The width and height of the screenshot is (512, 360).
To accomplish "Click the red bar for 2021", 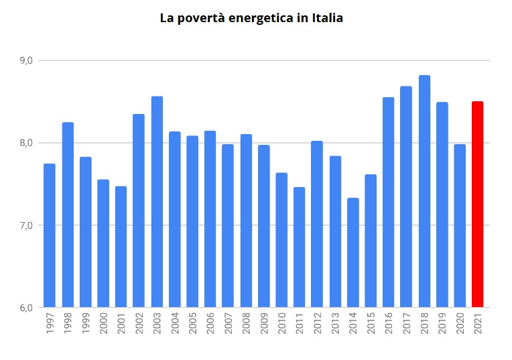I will pyautogui.click(x=477, y=204).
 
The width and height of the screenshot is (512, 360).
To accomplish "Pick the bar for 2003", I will pyautogui.click(x=157, y=202).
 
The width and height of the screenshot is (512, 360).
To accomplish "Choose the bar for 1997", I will pyautogui.click(x=50, y=235).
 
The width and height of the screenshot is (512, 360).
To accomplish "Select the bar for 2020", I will pyautogui.click(x=460, y=226).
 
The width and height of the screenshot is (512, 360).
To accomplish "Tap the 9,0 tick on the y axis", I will pyautogui.click(x=27, y=61).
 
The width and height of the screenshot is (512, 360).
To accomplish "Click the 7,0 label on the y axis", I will pyautogui.click(x=27, y=225).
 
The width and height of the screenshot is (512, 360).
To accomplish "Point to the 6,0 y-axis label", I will pyautogui.click(x=27, y=308).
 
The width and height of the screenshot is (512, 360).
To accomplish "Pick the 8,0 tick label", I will pyautogui.click(x=27, y=143).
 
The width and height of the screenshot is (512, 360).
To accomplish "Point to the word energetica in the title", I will pyautogui.click(x=259, y=19).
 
